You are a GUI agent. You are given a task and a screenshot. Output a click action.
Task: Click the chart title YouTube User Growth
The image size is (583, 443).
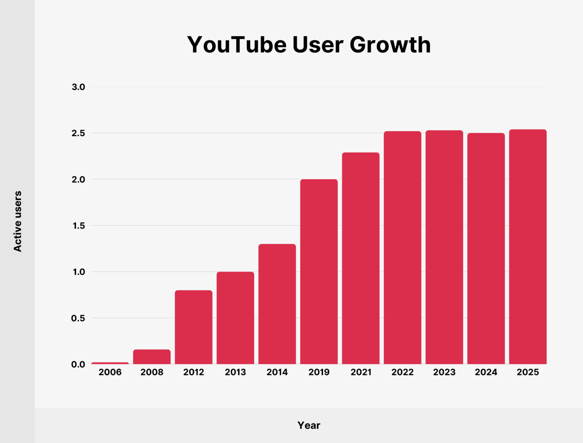[x=309, y=45]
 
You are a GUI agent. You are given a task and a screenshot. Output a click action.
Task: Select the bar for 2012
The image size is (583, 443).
[x=194, y=327]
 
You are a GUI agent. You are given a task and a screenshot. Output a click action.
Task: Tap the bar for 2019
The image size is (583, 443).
[x=319, y=271]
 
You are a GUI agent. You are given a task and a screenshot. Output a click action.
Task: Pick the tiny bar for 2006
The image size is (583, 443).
[x=110, y=363]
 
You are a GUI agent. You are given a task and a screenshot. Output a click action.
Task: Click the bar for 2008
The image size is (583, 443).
[x=152, y=357]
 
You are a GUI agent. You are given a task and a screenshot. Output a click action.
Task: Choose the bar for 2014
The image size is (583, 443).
[x=277, y=304]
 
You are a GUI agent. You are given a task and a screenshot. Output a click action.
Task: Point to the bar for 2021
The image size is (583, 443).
[x=361, y=258]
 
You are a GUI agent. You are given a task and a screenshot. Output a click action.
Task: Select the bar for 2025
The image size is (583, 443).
[x=528, y=247]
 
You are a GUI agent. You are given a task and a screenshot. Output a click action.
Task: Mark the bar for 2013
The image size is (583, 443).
[x=235, y=318]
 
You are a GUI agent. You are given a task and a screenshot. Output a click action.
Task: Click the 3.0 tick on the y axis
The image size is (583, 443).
[x=78, y=87]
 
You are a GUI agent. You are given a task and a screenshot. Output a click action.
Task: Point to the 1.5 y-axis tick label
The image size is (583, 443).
[x=79, y=226]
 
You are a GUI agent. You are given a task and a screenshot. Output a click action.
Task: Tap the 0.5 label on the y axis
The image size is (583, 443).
[x=78, y=318]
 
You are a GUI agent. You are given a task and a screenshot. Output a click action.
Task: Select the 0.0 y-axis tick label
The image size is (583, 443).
[x=78, y=364]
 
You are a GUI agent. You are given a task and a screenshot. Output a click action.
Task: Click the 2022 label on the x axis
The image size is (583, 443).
[x=402, y=372]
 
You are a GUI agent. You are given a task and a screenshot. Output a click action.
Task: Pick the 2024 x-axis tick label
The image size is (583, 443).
[x=486, y=372]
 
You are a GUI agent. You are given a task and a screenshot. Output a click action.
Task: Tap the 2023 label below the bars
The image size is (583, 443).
[x=444, y=372]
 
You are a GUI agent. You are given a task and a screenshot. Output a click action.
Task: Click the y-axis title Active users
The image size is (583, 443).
[x=17, y=222]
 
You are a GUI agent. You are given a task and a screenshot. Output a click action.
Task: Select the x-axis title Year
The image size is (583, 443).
[x=309, y=425]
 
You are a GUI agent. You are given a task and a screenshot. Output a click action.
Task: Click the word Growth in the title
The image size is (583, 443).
[x=390, y=45]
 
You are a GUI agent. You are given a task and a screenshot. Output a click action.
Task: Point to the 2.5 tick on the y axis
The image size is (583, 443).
[x=78, y=133]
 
